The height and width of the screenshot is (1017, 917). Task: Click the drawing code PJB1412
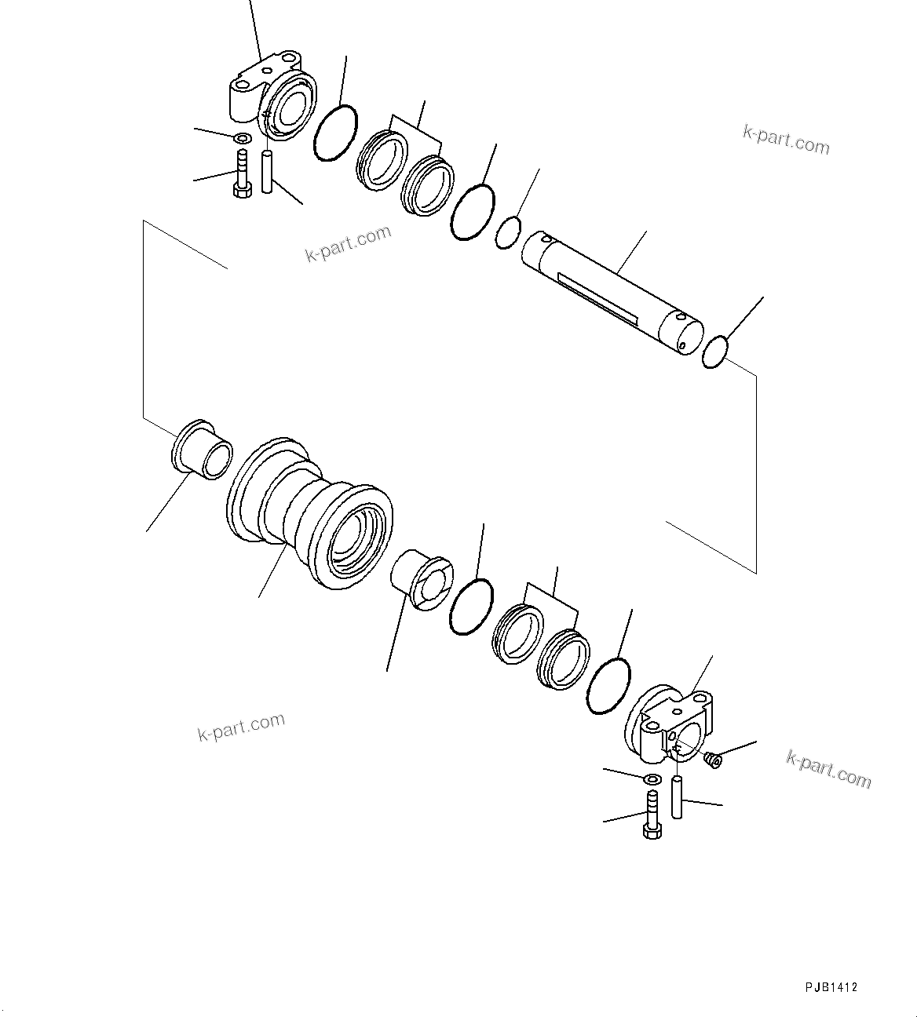click(x=830, y=987)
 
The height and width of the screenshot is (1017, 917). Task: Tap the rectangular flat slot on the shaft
click(x=597, y=295)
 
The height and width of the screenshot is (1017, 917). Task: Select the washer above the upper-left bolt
click(x=243, y=139)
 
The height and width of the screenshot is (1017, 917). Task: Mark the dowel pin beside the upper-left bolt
click(x=267, y=171)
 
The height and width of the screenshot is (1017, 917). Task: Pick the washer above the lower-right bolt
click(x=652, y=779)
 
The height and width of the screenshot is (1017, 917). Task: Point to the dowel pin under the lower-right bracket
click(x=677, y=796)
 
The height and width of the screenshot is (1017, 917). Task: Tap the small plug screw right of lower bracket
click(x=713, y=759)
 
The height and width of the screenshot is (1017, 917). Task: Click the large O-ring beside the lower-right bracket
click(x=608, y=687)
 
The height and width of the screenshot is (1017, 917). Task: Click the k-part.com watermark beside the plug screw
click(x=828, y=768)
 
